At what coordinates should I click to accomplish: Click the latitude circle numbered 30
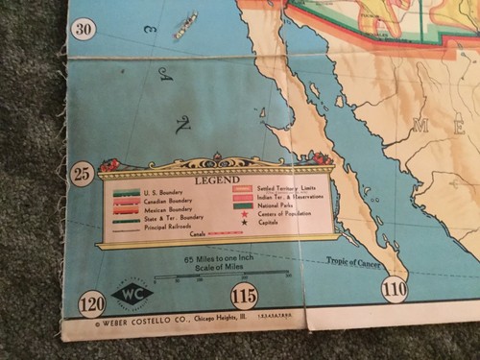click(85, 29)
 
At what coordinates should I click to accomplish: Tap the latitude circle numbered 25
click(83, 174)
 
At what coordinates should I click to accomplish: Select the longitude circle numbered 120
click(92, 305)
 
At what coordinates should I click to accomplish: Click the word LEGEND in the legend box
click(217, 180)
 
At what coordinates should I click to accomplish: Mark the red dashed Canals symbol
click(224, 232)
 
